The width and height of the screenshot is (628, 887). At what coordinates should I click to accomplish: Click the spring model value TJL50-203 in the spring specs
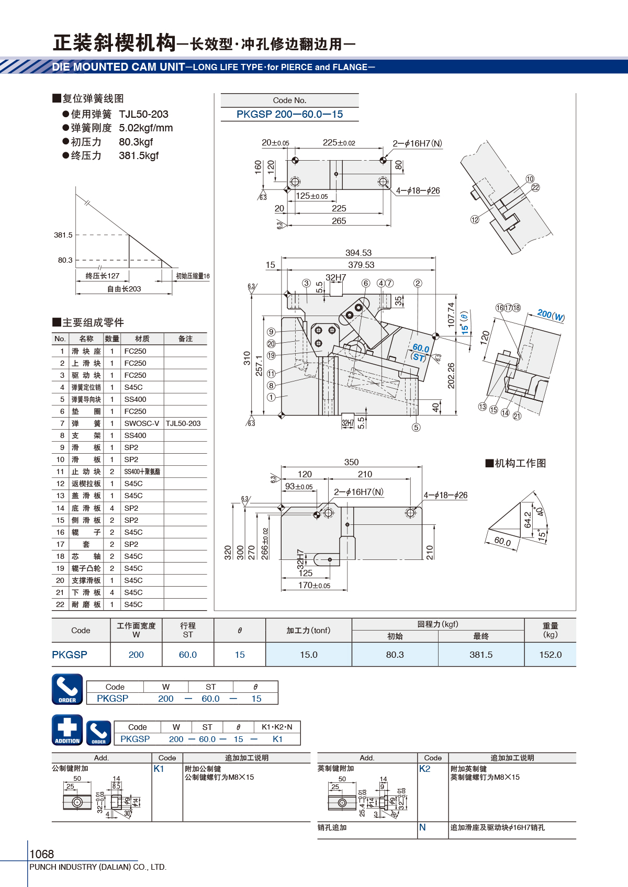tap(143, 115)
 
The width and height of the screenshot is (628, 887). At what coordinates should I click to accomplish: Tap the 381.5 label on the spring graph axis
tap(63, 235)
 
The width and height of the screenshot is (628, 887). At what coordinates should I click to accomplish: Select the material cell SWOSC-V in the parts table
tap(142, 423)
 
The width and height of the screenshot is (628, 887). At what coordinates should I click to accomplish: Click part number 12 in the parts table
tap(60, 484)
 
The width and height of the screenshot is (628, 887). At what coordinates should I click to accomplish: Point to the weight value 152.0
tap(551, 655)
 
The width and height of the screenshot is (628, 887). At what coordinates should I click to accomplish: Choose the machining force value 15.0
tap(308, 655)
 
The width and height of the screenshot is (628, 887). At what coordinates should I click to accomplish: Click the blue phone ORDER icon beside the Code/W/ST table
tap(68, 689)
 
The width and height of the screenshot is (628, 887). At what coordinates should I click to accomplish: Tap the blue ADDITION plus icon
tap(68, 730)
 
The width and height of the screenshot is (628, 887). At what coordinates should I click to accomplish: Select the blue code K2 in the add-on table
tap(424, 769)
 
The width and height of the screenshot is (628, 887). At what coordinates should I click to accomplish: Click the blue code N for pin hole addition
tap(422, 827)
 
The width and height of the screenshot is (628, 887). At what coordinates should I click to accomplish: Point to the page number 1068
tap(41, 854)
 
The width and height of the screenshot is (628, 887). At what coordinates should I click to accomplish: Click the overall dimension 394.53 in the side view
tap(358, 253)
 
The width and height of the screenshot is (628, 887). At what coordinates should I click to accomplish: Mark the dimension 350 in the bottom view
tap(351, 462)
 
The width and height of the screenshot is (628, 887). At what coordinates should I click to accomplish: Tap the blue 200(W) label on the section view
tap(551, 315)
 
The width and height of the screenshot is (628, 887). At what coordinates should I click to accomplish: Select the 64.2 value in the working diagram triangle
tap(528, 520)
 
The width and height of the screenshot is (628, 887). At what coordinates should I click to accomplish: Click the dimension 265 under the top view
tap(339, 220)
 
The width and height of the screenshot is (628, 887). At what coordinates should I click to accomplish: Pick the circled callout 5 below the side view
tap(416, 427)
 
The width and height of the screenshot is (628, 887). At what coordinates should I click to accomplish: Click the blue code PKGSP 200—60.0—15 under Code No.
tap(289, 115)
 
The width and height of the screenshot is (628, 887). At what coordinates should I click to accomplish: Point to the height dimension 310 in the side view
tap(247, 358)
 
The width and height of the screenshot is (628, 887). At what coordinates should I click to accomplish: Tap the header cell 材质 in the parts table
tap(142, 339)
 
